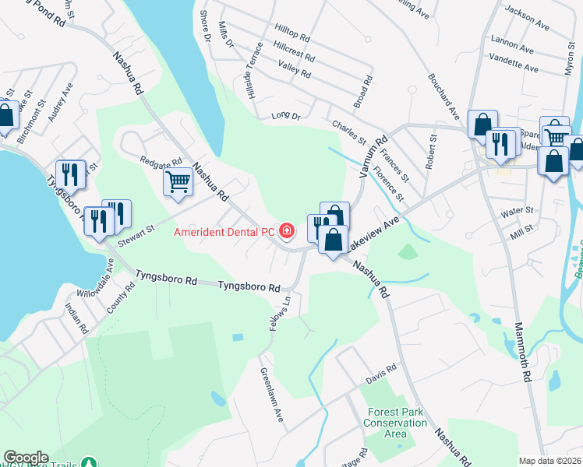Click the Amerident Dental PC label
pos(224,232)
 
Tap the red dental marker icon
pos(288,231)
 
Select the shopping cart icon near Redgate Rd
pos(178,183)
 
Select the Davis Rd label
pos(382,379)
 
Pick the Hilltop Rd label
pos(292,37)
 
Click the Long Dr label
pos(285,116)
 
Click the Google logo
pos(26,458)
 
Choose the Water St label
pos(517,210)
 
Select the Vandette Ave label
pos(514,68)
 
